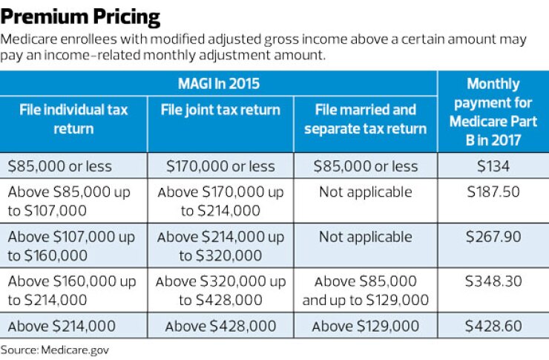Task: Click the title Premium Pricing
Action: [80, 16]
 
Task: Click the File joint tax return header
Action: [220, 111]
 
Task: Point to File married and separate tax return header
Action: [365, 119]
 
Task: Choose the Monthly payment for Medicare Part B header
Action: [493, 111]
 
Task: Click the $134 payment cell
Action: [493, 166]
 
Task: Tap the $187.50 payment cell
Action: [493, 192]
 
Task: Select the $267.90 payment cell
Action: [493, 237]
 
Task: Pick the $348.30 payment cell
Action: [493, 282]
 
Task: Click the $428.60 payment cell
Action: [493, 326]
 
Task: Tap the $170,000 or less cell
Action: [220, 166]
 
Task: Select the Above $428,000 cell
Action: [220, 326]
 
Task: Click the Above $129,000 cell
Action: [365, 326]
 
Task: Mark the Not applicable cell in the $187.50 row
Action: [365, 192]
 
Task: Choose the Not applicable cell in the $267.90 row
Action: [365, 237]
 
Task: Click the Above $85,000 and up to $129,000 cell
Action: [365, 291]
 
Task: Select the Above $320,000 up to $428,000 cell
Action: [220, 291]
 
